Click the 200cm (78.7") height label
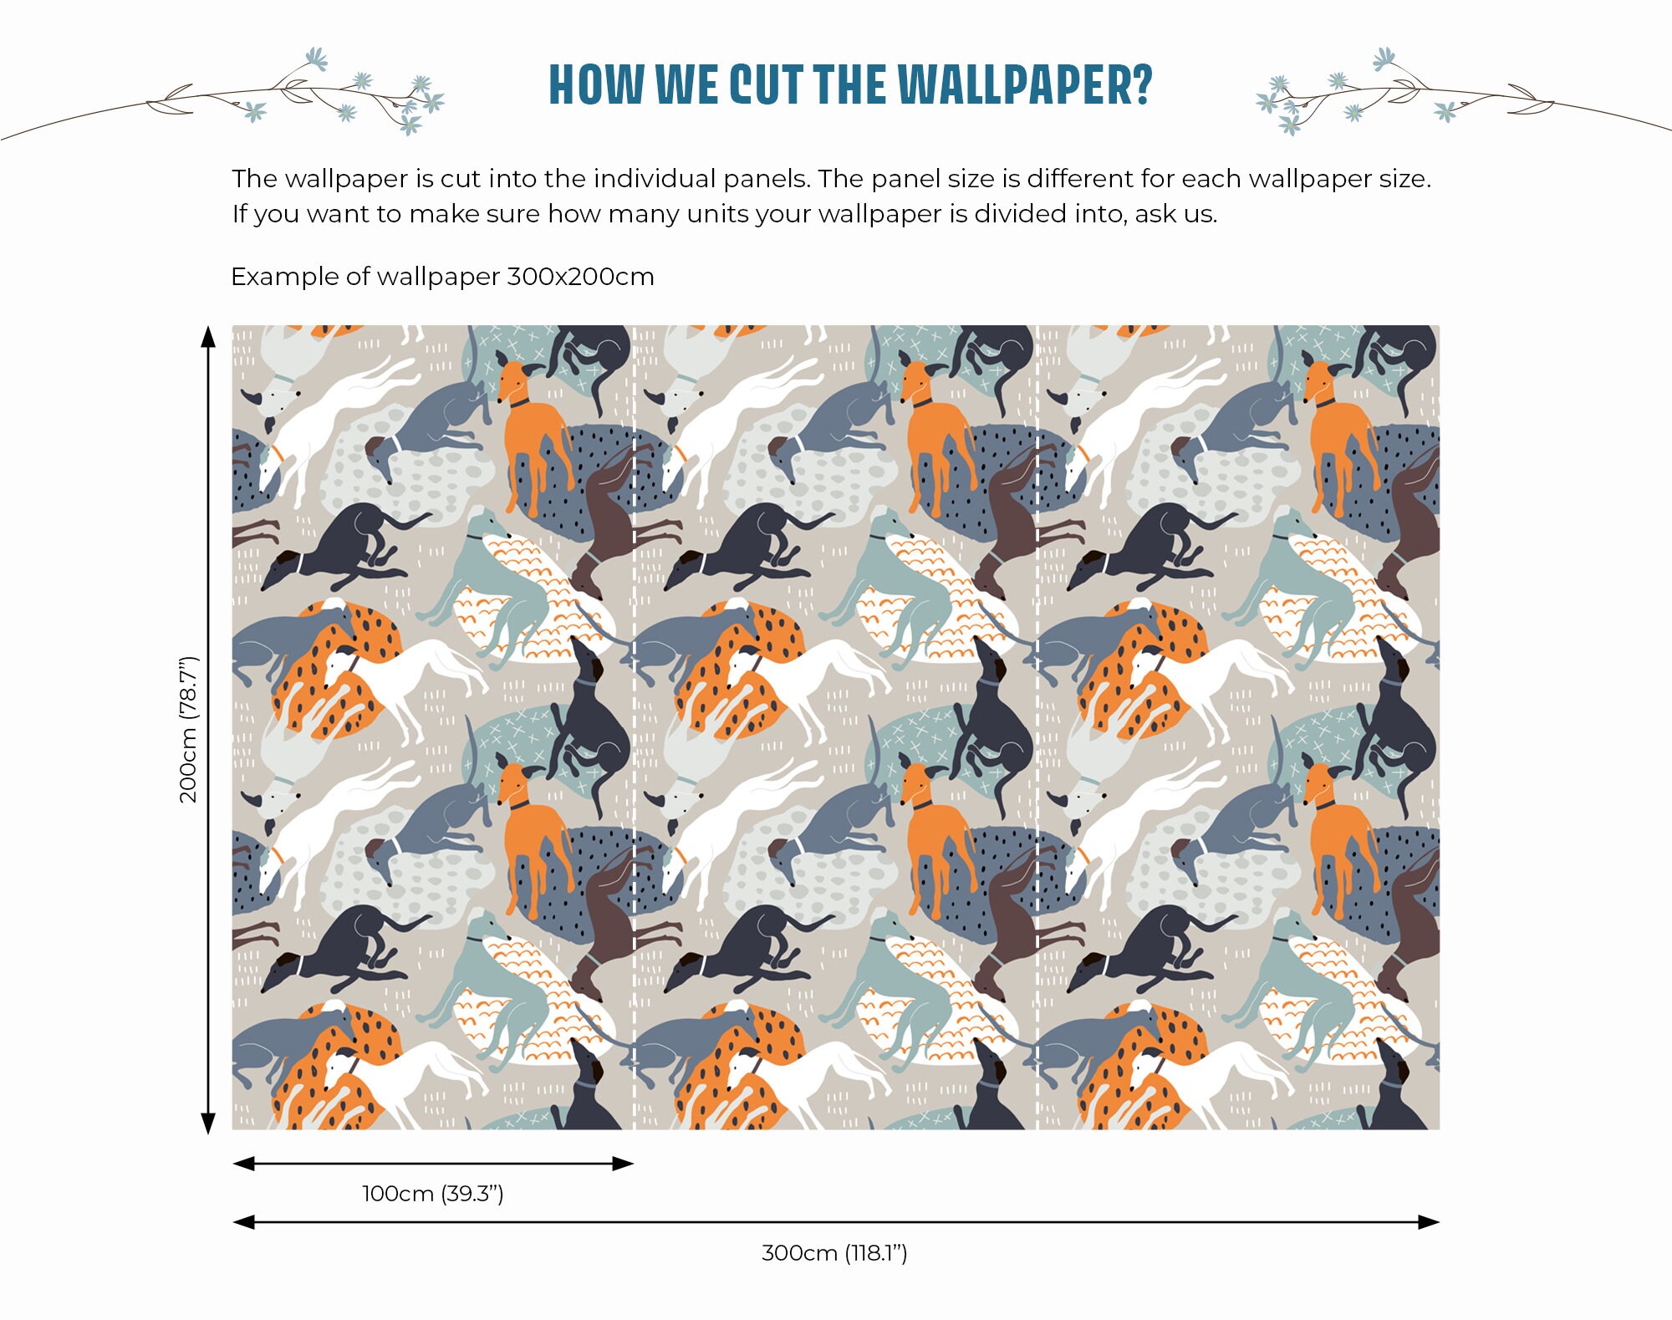[189, 729]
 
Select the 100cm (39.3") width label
[432, 1193]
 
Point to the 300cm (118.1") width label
[834, 1252]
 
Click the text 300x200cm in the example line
[580, 277]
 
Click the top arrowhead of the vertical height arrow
[208, 336]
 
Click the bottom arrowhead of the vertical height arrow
[208, 1123]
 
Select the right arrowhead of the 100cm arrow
[624, 1163]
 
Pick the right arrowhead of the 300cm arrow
[1429, 1222]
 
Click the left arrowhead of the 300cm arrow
[243, 1222]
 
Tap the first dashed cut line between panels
[635, 727]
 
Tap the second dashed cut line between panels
[1037, 727]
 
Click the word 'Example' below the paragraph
[284, 277]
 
